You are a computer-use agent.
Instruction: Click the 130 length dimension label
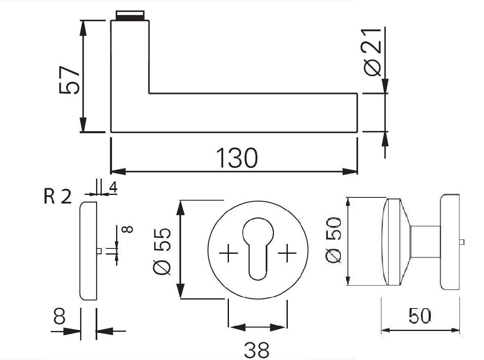tap(237, 158)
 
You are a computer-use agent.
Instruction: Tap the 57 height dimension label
tap(69, 79)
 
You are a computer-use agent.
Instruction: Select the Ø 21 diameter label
tap(372, 52)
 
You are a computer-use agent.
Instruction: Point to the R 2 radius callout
tap(57, 197)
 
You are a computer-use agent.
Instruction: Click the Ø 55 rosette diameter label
tap(163, 250)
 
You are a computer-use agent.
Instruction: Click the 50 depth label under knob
tap(419, 316)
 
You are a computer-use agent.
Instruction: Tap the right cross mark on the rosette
tap(287, 254)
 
